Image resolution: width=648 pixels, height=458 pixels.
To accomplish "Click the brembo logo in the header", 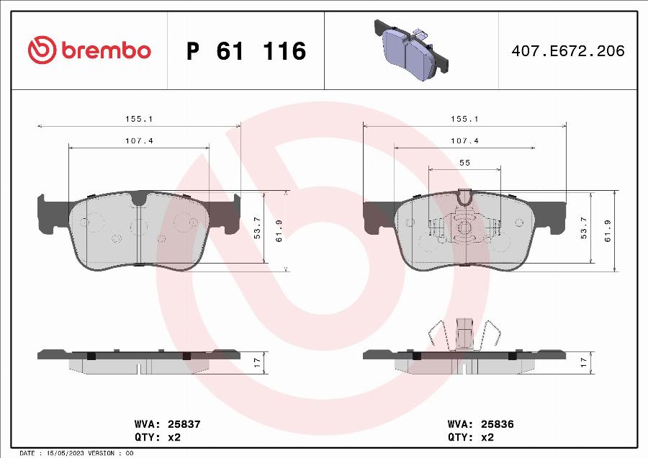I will (x=89, y=50).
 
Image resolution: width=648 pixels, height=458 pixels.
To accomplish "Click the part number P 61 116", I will (x=246, y=51).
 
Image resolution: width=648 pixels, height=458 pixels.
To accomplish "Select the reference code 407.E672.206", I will (x=568, y=51).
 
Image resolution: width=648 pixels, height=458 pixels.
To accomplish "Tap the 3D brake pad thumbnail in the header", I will (x=411, y=48).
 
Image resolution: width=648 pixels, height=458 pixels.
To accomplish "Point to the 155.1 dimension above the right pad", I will (x=464, y=119).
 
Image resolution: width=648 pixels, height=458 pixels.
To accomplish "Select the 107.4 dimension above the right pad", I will (x=464, y=140).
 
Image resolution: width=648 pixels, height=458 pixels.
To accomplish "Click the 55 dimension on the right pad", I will (x=464, y=163).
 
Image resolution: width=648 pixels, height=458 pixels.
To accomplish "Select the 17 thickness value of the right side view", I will (x=584, y=363).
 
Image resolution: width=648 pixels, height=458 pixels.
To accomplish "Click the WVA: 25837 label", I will (x=167, y=425).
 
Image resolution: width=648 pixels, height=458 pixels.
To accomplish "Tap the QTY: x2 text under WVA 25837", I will (x=156, y=436).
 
